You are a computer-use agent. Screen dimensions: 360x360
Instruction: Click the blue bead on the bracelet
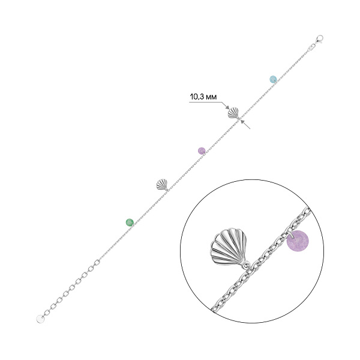pyautogui.click(x=273, y=79)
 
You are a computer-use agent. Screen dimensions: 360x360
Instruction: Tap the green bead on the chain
pyautogui.click(x=130, y=222)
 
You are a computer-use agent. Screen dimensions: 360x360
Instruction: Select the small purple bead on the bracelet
pyautogui.click(x=202, y=151)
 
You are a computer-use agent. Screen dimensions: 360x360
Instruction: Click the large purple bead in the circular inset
pyautogui.click(x=298, y=241)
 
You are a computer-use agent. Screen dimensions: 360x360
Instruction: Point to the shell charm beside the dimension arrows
pyautogui.click(x=233, y=113)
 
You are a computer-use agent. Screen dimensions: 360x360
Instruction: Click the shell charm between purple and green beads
pyautogui.click(x=162, y=185)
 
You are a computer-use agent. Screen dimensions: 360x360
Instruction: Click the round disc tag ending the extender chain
pyautogui.click(x=40, y=319)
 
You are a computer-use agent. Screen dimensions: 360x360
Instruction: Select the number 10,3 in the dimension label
pyautogui.click(x=197, y=97)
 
